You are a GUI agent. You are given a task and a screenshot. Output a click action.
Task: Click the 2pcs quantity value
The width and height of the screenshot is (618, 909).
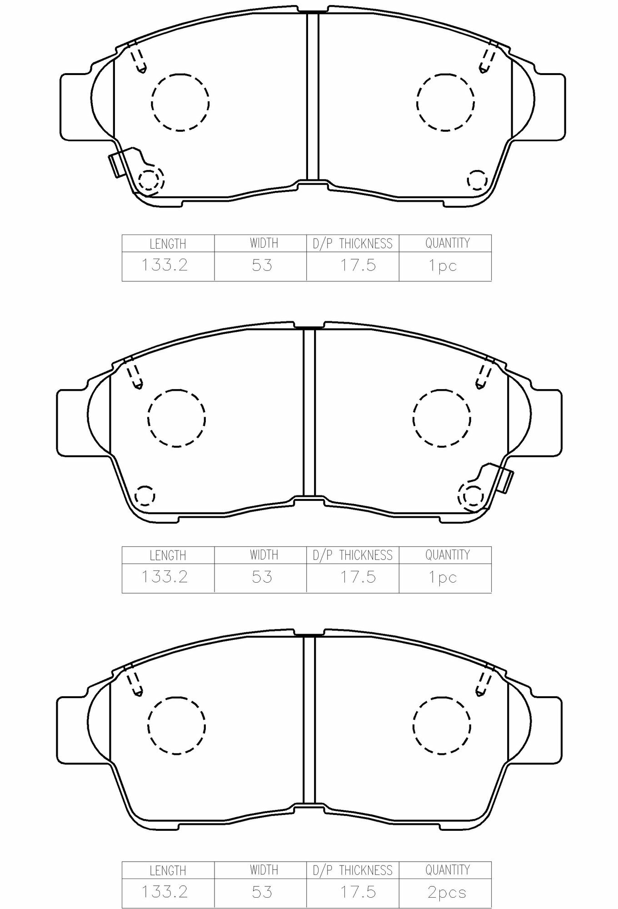447,892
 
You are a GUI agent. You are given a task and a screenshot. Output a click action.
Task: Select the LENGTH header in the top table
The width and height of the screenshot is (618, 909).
168,244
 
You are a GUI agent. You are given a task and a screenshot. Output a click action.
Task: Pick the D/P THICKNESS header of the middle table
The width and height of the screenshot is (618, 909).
352,555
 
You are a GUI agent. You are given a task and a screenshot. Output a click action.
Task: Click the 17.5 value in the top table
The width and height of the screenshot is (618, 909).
358,265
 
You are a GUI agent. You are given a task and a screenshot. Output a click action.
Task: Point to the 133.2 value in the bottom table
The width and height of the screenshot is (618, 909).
164,892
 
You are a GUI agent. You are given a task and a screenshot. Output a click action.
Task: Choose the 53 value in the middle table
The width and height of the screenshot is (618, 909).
262,577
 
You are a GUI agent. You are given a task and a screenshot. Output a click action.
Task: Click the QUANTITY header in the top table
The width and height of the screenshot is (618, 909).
447,243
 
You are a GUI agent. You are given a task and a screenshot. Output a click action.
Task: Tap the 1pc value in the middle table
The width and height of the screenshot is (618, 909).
443,578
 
